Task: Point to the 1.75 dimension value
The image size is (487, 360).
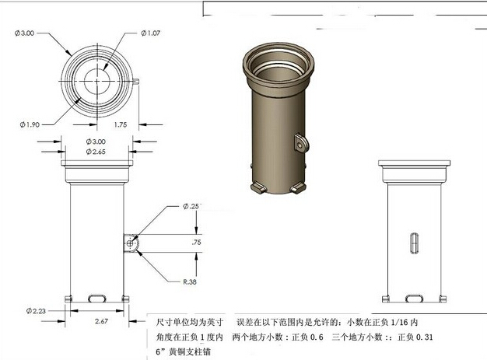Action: pos(121,124)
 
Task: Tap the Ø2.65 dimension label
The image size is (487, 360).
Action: pos(95,152)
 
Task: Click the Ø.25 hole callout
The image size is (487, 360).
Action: pos(191,206)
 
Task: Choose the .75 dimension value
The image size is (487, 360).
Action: pos(196,243)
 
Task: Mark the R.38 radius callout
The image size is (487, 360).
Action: pos(190,281)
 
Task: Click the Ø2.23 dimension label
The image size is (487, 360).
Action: pos(37,310)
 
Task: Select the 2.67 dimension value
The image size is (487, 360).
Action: pos(100,320)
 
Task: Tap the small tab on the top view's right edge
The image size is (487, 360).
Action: pos(138,79)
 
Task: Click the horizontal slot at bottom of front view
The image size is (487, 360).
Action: pos(98,298)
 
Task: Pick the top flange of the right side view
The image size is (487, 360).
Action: pos(414,165)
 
